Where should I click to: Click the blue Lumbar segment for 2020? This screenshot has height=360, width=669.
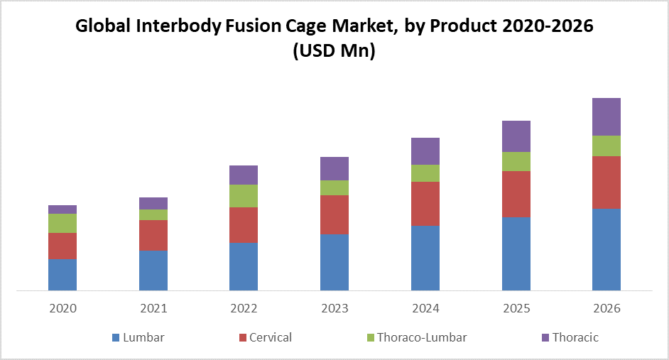(x=62, y=275)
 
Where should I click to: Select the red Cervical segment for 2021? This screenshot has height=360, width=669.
(x=153, y=235)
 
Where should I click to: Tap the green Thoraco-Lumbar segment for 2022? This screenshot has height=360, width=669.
(x=244, y=195)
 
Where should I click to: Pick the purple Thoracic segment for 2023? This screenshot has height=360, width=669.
(x=334, y=168)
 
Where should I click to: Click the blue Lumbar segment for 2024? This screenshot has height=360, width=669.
(x=425, y=258)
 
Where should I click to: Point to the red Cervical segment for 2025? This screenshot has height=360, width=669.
(x=516, y=194)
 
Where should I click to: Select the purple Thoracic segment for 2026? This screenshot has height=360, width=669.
(x=607, y=116)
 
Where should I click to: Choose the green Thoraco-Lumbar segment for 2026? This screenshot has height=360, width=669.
(x=607, y=146)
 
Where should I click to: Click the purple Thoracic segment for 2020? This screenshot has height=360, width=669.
(x=62, y=209)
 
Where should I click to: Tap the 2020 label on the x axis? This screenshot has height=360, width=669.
(x=62, y=309)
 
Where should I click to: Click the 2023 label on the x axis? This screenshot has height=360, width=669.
(x=334, y=309)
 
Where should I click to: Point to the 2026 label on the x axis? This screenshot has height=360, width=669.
(x=607, y=309)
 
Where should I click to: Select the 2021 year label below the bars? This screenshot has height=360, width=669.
(x=153, y=309)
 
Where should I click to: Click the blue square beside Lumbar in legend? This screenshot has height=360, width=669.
(x=116, y=338)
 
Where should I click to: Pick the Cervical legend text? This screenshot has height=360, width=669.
(x=271, y=337)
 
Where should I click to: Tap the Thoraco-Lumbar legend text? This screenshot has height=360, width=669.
(x=422, y=337)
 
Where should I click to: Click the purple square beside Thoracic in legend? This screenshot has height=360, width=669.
(x=545, y=338)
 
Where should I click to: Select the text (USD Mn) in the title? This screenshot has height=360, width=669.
(x=334, y=51)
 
